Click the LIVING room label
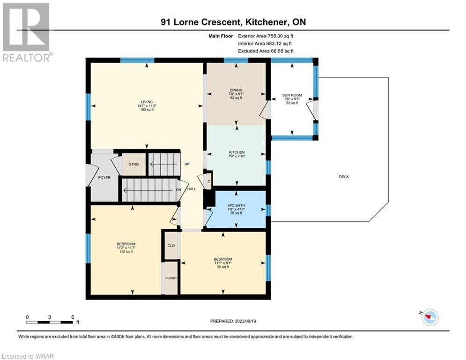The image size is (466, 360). point(147,102)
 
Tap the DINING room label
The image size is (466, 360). point(236,90)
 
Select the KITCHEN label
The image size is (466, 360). point(237,152)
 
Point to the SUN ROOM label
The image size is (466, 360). point(292,95)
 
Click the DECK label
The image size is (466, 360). point(344,177)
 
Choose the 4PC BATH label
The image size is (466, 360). point(236,206)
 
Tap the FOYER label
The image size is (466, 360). point(104,178)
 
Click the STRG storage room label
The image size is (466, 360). point(134,164)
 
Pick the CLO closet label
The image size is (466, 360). point(171,246)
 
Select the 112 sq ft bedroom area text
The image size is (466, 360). point(126,252)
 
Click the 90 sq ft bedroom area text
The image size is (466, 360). point(223,267)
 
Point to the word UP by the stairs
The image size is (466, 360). point(187,164)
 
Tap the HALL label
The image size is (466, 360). point(192,189)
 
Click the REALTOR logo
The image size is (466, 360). point(26,32)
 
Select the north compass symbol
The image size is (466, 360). point(429,317)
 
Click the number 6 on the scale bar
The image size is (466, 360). point(73,317)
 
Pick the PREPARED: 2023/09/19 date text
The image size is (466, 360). point(233,321)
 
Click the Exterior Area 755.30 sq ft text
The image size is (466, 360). point(266,36)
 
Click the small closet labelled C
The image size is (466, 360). point(209,181)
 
